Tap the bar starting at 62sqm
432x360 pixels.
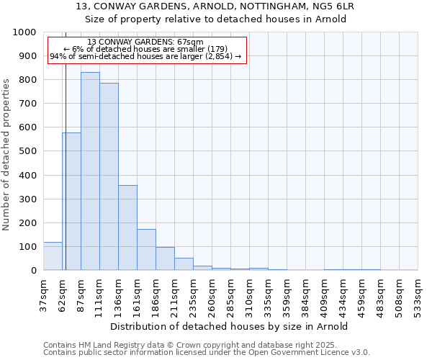(71, 202)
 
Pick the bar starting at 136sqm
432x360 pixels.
(127, 228)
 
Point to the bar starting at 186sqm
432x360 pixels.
(165, 258)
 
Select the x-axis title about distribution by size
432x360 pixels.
(230, 326)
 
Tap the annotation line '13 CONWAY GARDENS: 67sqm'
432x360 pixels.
(145, 42)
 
